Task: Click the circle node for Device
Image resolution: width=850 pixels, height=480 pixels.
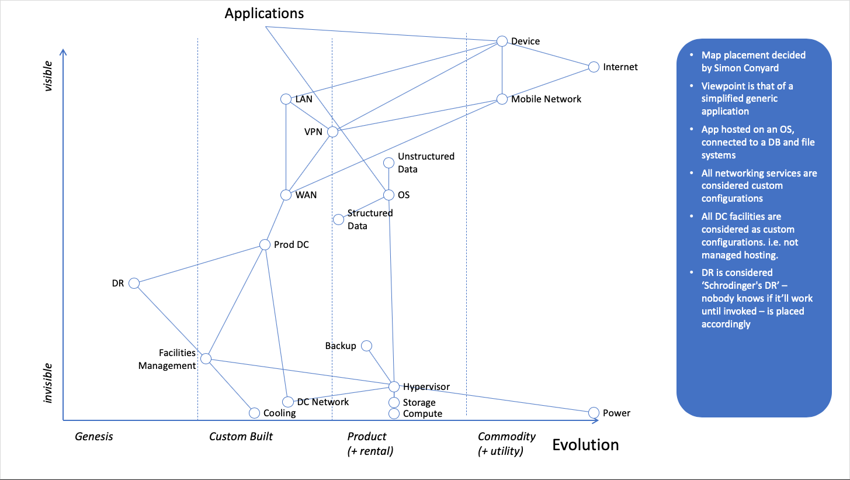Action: click(502, 41)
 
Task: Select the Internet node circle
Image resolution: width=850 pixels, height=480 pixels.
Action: click(594, 67)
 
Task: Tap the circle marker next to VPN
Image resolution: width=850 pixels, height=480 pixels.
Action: click(332, 132)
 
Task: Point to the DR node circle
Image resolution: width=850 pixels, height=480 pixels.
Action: click(134, 283)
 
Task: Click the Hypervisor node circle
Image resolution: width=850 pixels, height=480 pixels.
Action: click(394, 386)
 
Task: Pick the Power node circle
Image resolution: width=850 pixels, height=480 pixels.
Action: click(594, 412)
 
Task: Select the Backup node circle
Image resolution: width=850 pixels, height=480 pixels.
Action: click(366, 346)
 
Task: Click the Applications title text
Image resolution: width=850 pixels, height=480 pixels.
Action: click(264, 13)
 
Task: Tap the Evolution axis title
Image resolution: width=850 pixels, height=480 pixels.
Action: click(585, 445)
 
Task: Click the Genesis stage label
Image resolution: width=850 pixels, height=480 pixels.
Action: click(93, 437)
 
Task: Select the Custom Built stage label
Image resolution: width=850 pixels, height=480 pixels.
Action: click(241, 437)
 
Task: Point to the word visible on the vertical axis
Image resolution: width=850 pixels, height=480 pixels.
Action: click(49, 76)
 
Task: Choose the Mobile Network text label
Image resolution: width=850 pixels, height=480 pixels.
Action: click(546, 99)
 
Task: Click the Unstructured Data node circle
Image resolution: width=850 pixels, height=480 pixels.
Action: click(389, 163)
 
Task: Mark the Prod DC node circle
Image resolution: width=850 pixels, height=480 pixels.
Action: click(265, 244)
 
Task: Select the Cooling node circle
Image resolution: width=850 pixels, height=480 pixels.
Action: click(254, 413)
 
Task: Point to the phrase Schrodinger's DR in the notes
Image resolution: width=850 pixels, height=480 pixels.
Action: click(741, 285)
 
